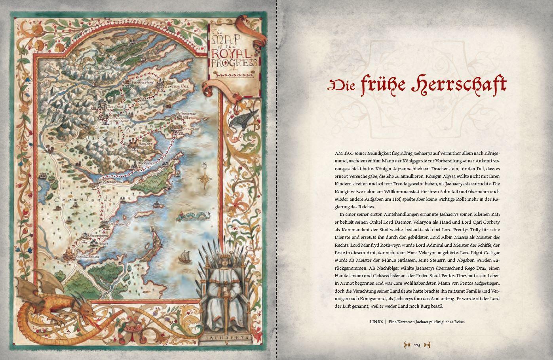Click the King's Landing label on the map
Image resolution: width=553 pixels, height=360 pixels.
tap(87, 257)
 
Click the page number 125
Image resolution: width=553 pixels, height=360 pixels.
tap(417, 345)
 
